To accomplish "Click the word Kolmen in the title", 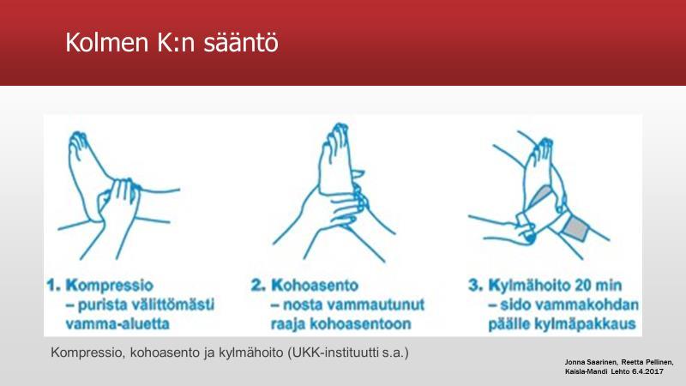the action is point(106,42).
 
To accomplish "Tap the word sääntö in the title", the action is point(241,42).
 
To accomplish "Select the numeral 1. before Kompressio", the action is point(54,286).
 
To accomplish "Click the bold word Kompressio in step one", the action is point(110,286).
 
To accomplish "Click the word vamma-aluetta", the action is point(117,324).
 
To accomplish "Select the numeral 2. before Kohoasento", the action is point(259,286).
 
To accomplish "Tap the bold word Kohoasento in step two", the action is point(315,286).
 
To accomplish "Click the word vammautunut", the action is point(376,305).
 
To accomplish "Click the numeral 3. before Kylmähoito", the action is point(476,286).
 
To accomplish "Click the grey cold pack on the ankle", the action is point(576,228).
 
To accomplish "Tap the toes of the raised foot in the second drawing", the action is point(337,132).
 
